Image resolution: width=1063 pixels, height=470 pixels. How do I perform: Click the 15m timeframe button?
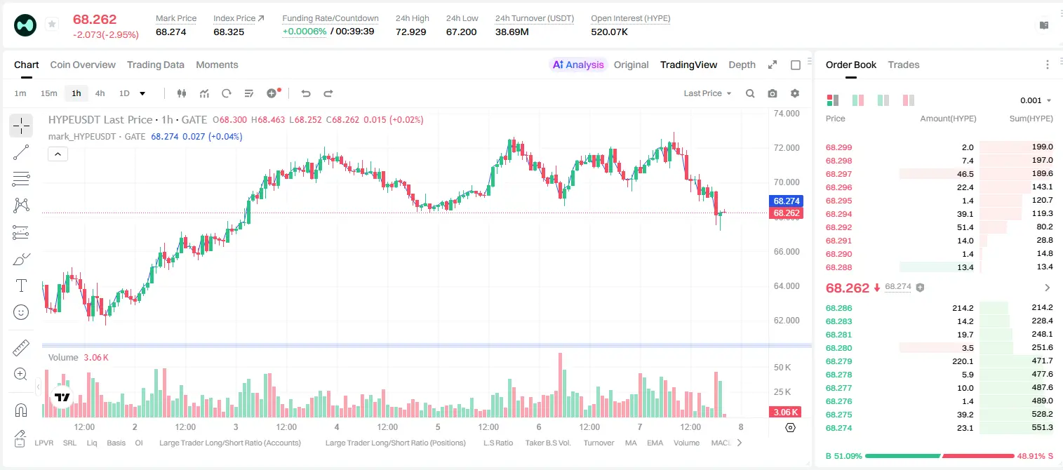click(48, 93)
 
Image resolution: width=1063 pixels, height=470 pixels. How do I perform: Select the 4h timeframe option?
click(100, 93)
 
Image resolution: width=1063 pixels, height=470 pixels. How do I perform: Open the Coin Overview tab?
click(83, 65)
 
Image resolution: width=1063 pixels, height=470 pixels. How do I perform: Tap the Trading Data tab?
click(155, 65)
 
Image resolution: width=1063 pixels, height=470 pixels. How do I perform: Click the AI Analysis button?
click(578, 65)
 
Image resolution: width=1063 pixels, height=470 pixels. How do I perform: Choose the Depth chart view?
click(742, 65)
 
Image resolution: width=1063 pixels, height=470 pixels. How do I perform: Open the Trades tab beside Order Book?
click(904, 65)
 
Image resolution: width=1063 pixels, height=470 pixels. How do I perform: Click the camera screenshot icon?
click(773, 93)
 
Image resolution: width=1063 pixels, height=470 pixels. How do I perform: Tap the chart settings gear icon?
click(795, 93)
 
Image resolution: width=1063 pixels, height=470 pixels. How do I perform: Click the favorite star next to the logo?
click(52, 24)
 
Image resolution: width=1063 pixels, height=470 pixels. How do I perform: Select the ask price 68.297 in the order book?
click(838, 174)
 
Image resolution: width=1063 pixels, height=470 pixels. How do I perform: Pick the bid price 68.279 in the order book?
click(838, 361)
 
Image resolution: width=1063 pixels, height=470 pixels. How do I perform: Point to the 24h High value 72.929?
click(411, 32)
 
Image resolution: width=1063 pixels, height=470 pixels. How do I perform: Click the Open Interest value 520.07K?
click(609, 32)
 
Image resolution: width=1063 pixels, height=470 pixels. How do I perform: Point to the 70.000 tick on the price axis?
click(787, 182)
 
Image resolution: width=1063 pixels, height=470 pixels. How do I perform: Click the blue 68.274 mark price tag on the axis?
click(786, 201)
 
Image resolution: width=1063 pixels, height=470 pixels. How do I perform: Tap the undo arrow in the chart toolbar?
click(306, 93)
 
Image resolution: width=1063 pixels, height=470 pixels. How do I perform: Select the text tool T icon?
click(21, 286)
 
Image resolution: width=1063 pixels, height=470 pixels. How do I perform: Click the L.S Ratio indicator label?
click(497, 443)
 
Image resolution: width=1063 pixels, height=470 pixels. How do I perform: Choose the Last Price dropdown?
click(707, 93)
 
